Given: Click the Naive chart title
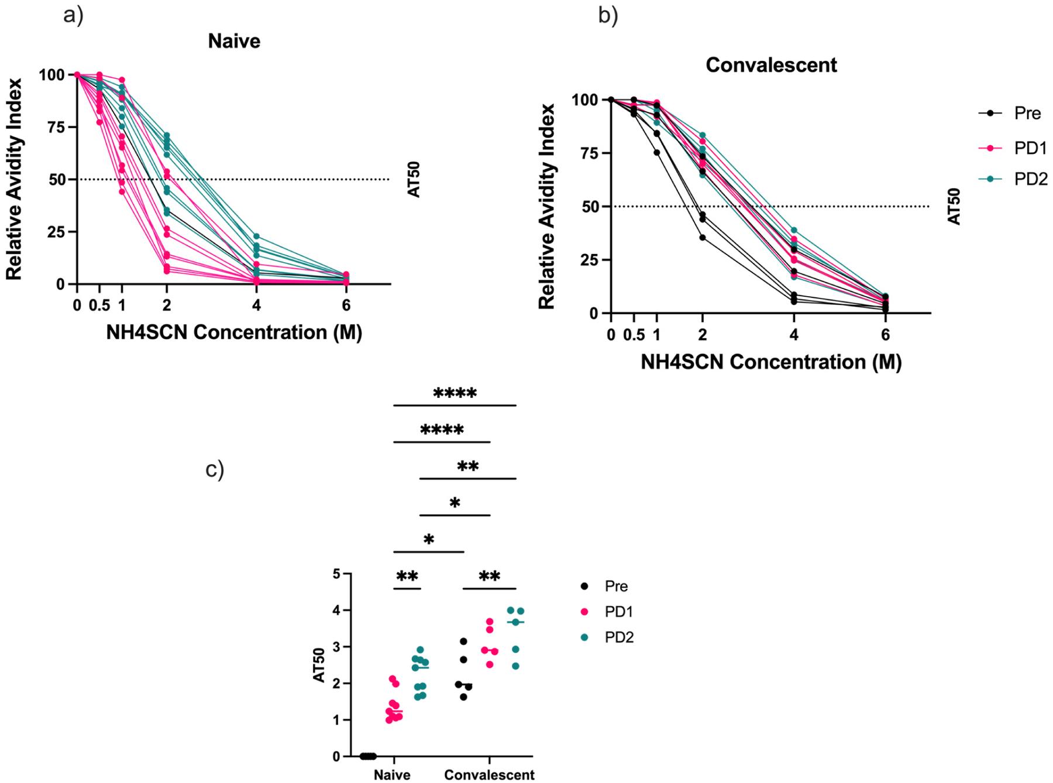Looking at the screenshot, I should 234,41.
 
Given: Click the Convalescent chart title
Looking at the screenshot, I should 771,64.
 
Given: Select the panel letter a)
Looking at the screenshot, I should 74,16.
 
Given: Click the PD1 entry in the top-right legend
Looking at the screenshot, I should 1030,148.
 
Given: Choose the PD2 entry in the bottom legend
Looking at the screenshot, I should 619,637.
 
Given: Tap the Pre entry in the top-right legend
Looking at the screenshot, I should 1027,113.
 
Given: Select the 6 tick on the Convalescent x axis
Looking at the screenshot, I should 885,335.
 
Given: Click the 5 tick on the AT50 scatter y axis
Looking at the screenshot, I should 336,574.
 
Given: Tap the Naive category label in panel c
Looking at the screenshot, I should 392,774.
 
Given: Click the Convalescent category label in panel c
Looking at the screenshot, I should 489,774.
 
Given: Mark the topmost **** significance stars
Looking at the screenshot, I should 455,393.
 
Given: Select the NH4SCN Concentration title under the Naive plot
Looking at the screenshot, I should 234,332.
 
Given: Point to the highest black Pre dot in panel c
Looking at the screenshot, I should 463,641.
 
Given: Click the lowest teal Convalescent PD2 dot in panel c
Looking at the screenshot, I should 515,666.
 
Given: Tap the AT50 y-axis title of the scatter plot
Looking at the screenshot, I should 319,666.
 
